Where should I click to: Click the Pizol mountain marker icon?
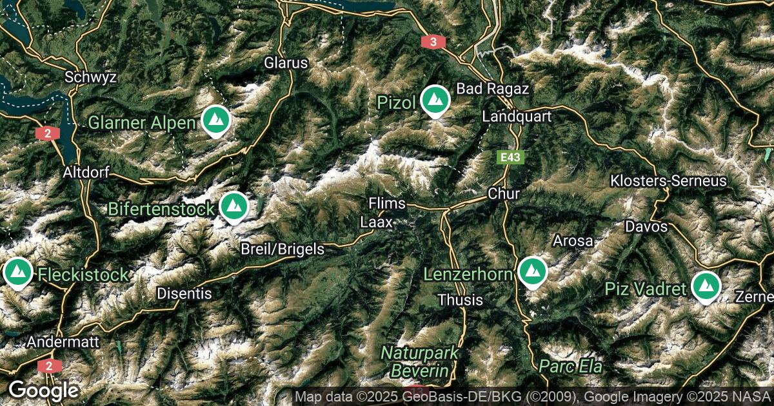(435, 101)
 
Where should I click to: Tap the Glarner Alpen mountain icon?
(215, 121)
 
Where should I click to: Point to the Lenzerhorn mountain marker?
(532, 273)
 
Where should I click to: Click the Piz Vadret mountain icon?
(706, 287)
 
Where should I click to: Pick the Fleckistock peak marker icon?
(18, 273)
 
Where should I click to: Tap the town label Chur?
(504, 193)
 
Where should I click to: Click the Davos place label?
(646, 227)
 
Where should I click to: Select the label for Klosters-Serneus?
(669, 180)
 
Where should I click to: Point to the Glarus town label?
(286, 63)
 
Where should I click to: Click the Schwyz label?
(90, 77)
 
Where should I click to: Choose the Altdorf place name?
(86, 173)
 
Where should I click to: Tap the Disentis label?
(184, 293)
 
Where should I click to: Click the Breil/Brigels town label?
(283, 249)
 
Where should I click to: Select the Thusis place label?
(460, 300)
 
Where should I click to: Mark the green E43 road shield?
(511, 157)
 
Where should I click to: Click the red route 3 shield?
(433, 42)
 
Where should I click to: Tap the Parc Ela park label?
(571, 367)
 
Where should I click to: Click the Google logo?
(43, 390)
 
